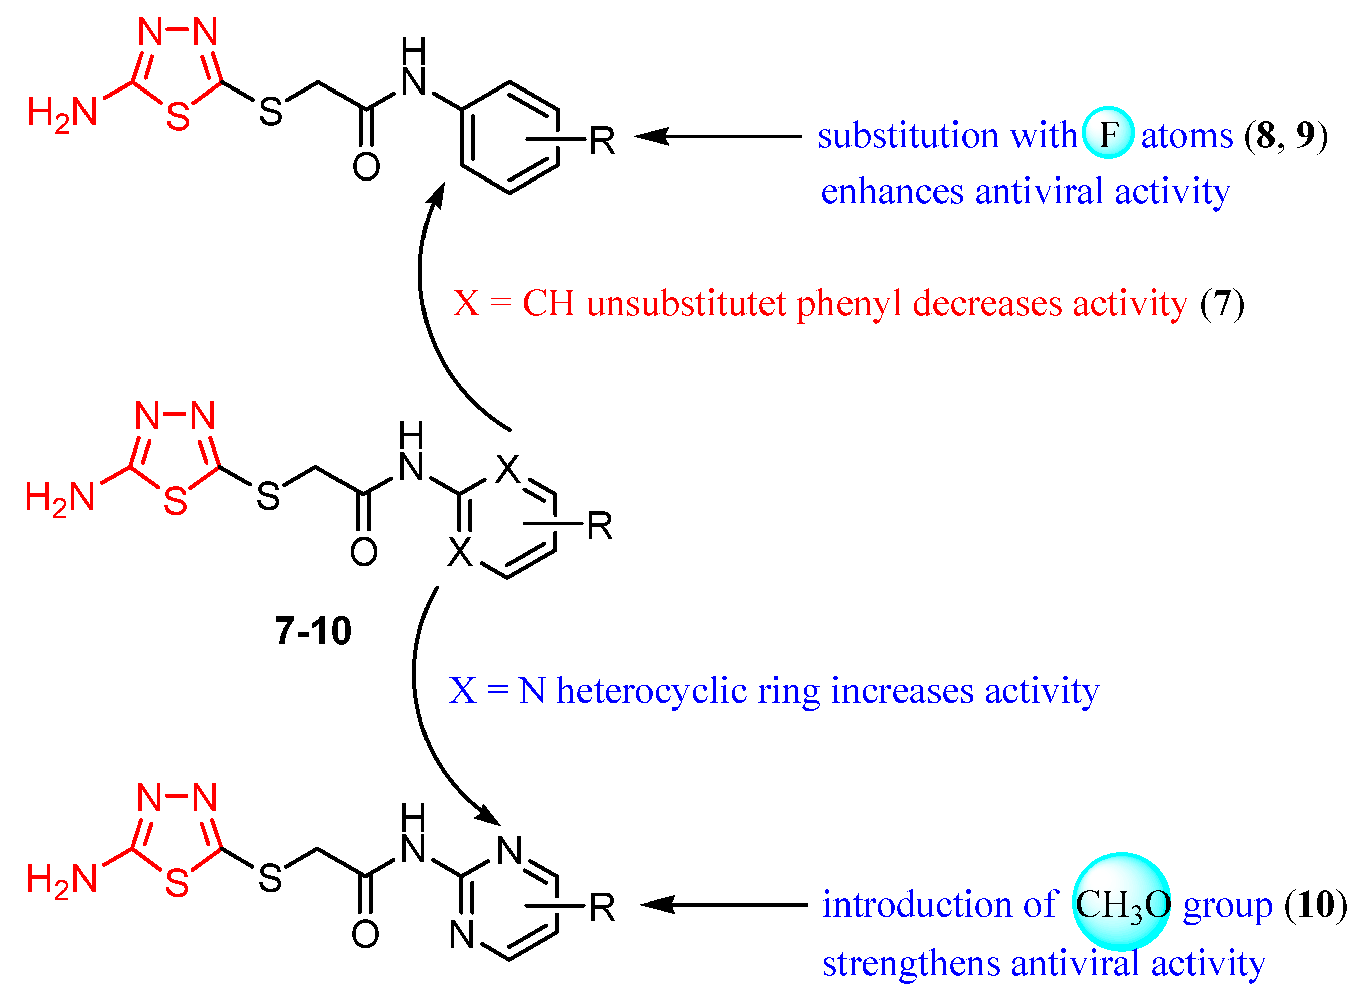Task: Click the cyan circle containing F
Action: [x=1108, y=133]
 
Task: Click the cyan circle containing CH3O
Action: [x=1121, y=903]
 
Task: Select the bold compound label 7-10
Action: [x=313, y=631]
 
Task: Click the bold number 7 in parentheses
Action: [x=1222, y=303]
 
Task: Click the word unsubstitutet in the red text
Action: [x=686, y=303]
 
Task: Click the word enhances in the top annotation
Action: [x=892, y=192]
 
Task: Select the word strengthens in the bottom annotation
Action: [x=909, y=963]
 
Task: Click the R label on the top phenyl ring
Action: [x=602, y=142]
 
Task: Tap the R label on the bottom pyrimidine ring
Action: [x=602, y=908]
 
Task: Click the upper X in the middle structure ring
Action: [x=507, y=469]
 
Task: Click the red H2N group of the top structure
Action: [x=62, y=113]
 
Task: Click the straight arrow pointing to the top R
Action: [x=718, y=136]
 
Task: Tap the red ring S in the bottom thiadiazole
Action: [x=177, y=883]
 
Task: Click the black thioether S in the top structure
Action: [x=270, y=112]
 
